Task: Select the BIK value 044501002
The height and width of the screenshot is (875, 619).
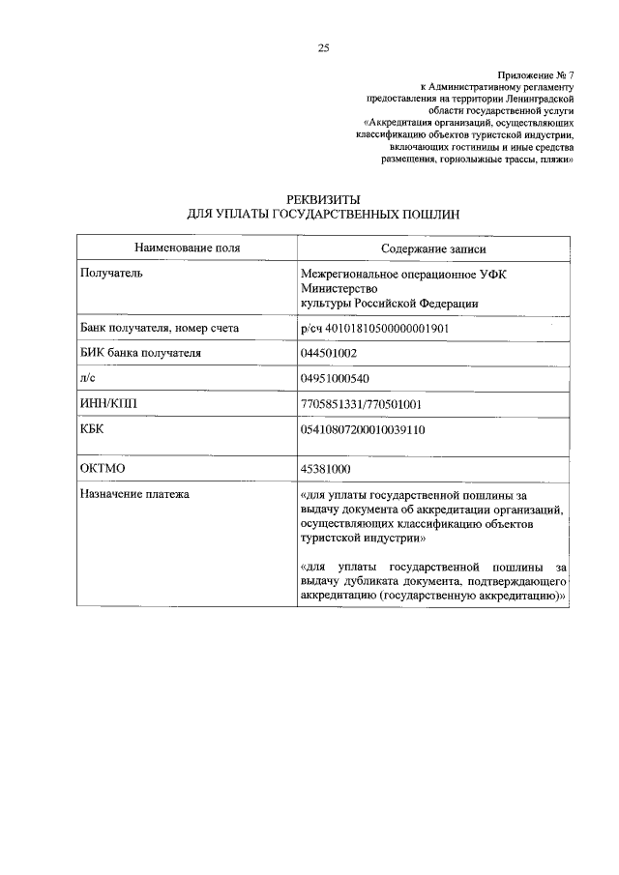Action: (331, 353)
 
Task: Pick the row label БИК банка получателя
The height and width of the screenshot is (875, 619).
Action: (140, 353)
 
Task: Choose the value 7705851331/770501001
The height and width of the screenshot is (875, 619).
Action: (362, 403)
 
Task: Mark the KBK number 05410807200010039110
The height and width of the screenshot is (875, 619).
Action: (365, 428)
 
